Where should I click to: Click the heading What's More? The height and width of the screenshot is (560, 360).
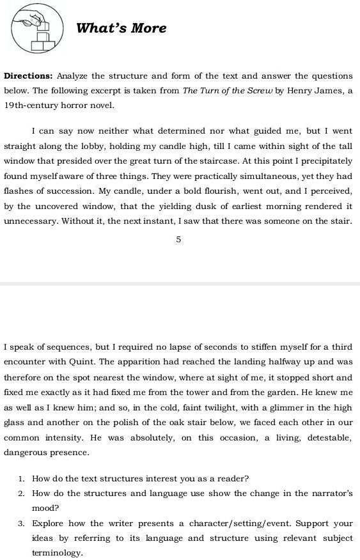click(121, 28)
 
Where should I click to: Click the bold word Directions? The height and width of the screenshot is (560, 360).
click(27, 76)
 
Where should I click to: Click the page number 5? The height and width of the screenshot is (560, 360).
click(179, 239)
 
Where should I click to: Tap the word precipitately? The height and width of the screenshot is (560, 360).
click(323, 161)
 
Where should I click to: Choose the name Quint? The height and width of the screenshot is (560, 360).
click(81, 362)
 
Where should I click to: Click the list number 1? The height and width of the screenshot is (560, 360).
click(21, 478)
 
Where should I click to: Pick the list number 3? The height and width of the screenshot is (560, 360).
click(21, 524)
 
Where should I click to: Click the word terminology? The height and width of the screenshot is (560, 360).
click(57, 553)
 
